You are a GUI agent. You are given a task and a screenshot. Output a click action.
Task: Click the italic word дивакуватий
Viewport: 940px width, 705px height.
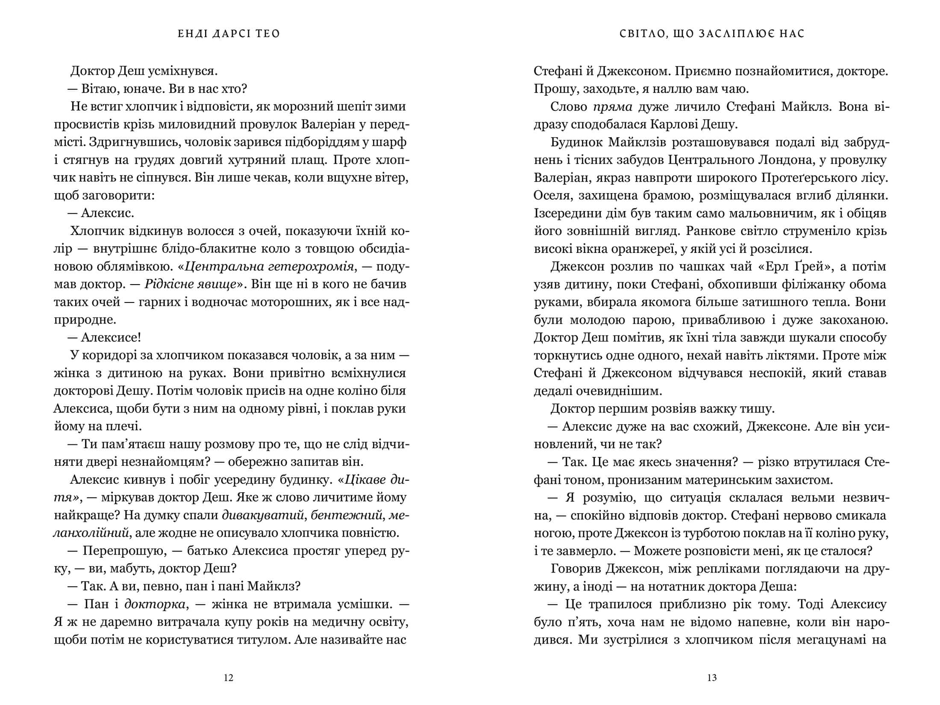pos(264,516)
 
